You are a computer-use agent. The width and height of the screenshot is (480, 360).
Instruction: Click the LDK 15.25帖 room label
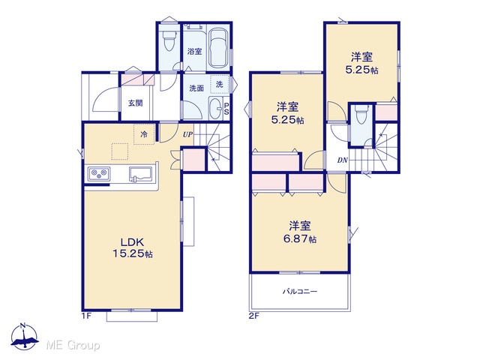click(133, 248)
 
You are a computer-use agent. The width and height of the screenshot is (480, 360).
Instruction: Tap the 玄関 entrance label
click(135, 103)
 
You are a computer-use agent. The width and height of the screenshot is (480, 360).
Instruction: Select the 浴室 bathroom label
click(195, 51)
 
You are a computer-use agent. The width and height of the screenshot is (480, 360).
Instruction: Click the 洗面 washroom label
click(196, 88)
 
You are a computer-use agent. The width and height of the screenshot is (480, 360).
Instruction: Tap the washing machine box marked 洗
click(220, 84)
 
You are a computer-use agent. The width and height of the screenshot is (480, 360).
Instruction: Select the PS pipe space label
click(226, 109)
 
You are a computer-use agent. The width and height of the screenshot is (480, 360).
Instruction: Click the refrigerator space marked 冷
click(144, 134)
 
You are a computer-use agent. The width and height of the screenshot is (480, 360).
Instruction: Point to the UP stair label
click(188, 134)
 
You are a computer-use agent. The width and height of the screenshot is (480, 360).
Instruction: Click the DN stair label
click(343, 160)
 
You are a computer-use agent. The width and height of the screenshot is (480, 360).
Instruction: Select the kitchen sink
click(140, 175)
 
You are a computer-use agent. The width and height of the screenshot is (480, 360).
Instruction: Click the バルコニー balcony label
click(300, 291)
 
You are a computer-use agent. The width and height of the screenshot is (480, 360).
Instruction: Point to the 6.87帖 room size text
click(300, 238)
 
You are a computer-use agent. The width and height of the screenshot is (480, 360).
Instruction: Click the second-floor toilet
click(361, 115)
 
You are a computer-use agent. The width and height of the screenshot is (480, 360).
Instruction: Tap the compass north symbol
click(25, 336)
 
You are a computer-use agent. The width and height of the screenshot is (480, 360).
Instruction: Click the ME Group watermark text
click(73, 345)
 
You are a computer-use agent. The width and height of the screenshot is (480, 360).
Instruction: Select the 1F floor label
click(87, 316)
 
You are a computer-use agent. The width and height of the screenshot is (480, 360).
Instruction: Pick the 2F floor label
click(254, 316)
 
